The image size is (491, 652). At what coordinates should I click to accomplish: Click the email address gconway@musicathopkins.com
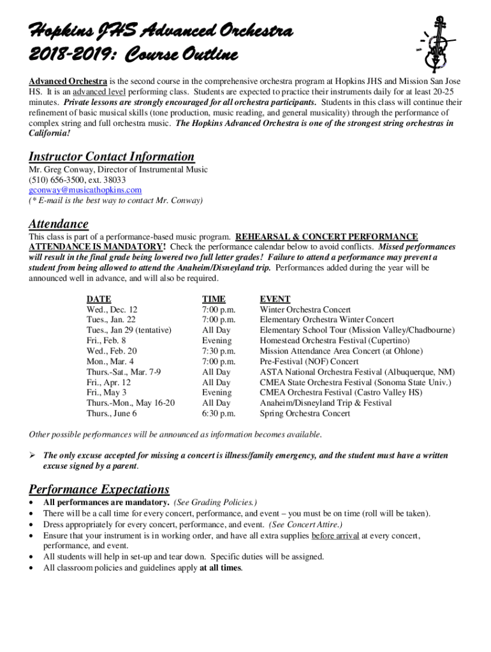click(85, 190)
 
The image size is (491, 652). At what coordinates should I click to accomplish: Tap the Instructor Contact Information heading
click(112, 157)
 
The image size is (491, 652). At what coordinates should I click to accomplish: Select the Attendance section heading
click(59, 224)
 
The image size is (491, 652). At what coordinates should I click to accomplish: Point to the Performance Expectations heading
click(99, 489)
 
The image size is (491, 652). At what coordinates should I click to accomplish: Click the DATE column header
click(99, 299)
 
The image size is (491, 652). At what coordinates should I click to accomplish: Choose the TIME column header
click(214, 299)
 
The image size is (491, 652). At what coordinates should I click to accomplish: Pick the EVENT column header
click(275, 299)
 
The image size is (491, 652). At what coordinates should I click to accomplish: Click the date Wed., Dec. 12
click(112, 309)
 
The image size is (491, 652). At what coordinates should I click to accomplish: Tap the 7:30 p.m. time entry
click(219, 351)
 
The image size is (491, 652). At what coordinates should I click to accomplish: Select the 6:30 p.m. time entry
click(219, 413)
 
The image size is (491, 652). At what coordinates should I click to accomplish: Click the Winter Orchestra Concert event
click(305, 309)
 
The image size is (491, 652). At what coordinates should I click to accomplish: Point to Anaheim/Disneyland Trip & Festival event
click(326, 403)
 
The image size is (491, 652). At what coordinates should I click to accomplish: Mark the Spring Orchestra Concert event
click(305, 413)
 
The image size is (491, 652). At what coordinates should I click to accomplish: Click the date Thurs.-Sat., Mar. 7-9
click(124, 372)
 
